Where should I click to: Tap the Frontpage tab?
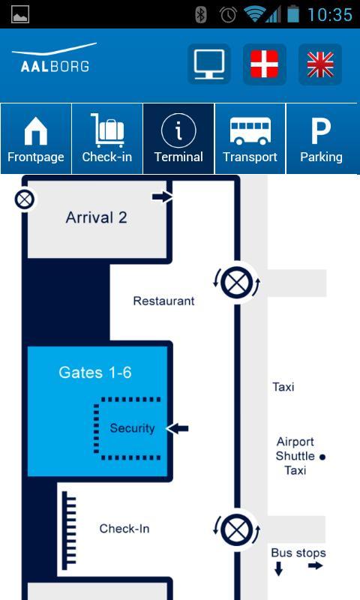36,139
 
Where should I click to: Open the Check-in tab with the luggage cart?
107,139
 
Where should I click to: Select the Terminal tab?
178,139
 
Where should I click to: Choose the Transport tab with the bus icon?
250,139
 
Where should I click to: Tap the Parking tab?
321,139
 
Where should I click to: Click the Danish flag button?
264,64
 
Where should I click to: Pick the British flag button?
320,64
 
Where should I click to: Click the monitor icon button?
209,64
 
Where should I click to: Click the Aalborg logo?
55,58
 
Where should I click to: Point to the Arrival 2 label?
97,217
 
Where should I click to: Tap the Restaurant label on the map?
163,301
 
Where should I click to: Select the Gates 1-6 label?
95,372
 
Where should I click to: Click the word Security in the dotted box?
132,427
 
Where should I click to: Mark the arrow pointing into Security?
178,428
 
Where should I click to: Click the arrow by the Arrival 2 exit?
163,197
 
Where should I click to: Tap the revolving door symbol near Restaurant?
236,283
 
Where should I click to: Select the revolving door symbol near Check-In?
236,530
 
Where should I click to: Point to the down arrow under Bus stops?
279,568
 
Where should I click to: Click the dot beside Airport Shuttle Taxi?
322,457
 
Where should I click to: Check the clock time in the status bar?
330,14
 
